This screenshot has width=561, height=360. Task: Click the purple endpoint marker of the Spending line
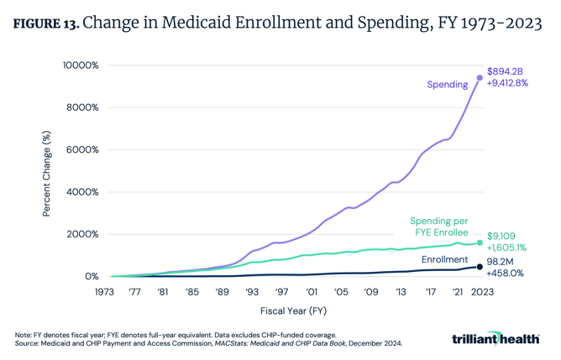pos(480,78)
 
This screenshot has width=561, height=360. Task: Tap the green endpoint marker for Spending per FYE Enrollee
pos(480,243)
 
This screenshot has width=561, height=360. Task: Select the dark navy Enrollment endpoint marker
pos(480,267)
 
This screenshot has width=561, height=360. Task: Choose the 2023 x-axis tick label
pos(480,292)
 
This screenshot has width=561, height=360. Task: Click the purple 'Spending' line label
pos(447,85)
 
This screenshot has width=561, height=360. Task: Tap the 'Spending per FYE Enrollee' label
pos(438,227)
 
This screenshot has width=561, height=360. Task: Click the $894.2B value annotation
pos(506,71)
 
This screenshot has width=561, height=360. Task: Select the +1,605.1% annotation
pos(509,248)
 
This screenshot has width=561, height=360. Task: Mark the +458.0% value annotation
pos(506,274)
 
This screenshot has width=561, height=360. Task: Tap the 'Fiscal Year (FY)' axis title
pos(293,311)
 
